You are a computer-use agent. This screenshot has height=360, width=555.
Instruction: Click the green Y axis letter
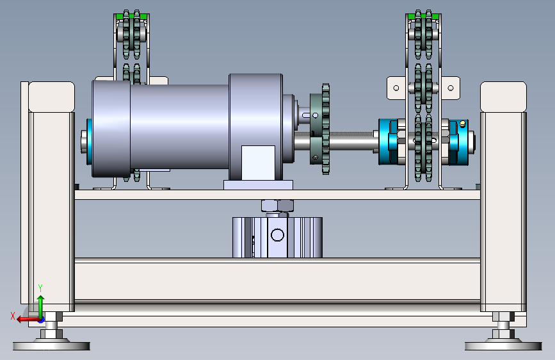pos(40,288)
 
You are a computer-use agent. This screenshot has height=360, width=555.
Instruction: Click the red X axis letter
pos(13,316)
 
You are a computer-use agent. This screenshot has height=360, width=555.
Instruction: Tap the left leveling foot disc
pos(51,345)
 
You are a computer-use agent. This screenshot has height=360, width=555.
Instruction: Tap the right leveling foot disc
pos(503,345)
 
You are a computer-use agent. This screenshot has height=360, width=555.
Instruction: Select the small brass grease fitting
pos(462,124)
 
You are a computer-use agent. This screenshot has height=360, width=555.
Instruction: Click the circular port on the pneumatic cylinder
pos(277,235)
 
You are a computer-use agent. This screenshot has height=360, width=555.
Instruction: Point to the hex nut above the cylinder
pos(278,206)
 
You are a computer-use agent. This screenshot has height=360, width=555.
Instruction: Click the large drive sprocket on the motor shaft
pos(321,129)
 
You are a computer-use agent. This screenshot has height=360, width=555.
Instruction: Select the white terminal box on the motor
pos(258,163)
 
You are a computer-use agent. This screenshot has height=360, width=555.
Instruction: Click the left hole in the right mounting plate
pos(396,88)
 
